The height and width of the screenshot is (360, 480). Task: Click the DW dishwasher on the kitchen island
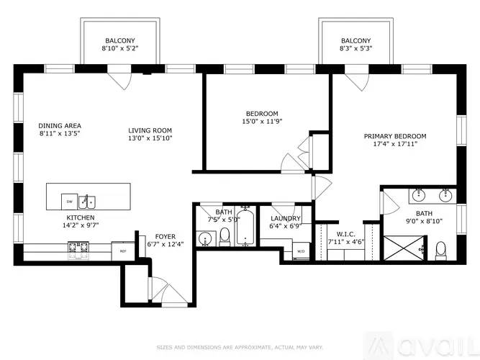tap(70, 199)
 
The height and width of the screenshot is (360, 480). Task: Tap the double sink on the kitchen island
tap(88, 199)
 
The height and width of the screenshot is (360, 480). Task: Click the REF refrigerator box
tap(122, 251)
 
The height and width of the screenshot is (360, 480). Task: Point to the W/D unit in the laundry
tap(300, 251)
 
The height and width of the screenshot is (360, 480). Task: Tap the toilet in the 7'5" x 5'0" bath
tap(224, 235)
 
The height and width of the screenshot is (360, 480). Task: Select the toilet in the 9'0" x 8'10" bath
tap(441, 250)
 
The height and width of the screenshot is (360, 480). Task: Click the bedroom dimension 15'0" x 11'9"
tap(262, 122)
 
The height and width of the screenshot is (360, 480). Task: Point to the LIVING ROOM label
tap(150, 130)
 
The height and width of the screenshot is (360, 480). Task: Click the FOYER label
tap(166, 236)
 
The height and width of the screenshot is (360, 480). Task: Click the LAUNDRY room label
tap(286, 219)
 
